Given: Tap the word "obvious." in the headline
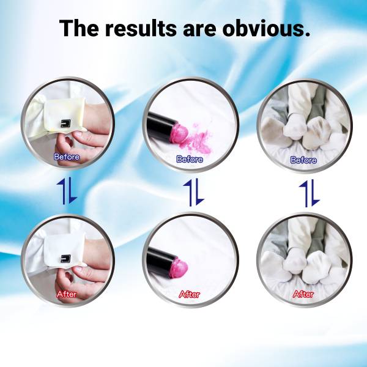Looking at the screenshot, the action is point(266,28).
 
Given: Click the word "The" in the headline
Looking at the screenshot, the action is point(79,28).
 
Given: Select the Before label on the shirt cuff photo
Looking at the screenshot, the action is point(67,157).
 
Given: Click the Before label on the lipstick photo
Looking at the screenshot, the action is point(190,159).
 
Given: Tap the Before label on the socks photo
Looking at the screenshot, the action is point(303,160).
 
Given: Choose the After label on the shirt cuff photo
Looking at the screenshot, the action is point(67,294).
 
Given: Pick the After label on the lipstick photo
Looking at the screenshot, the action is point(190,294).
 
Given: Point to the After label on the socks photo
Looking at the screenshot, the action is point(303,294).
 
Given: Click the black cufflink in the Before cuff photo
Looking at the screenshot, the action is point(65,123).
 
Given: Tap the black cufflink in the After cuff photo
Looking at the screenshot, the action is point(66,258).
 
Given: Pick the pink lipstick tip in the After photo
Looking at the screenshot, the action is point(179,268).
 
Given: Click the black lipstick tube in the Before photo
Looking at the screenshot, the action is point(160,124).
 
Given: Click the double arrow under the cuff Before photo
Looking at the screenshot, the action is point(67,190).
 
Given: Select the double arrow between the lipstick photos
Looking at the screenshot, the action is point(194,193).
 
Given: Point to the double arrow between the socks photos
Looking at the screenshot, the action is point(310,193).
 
